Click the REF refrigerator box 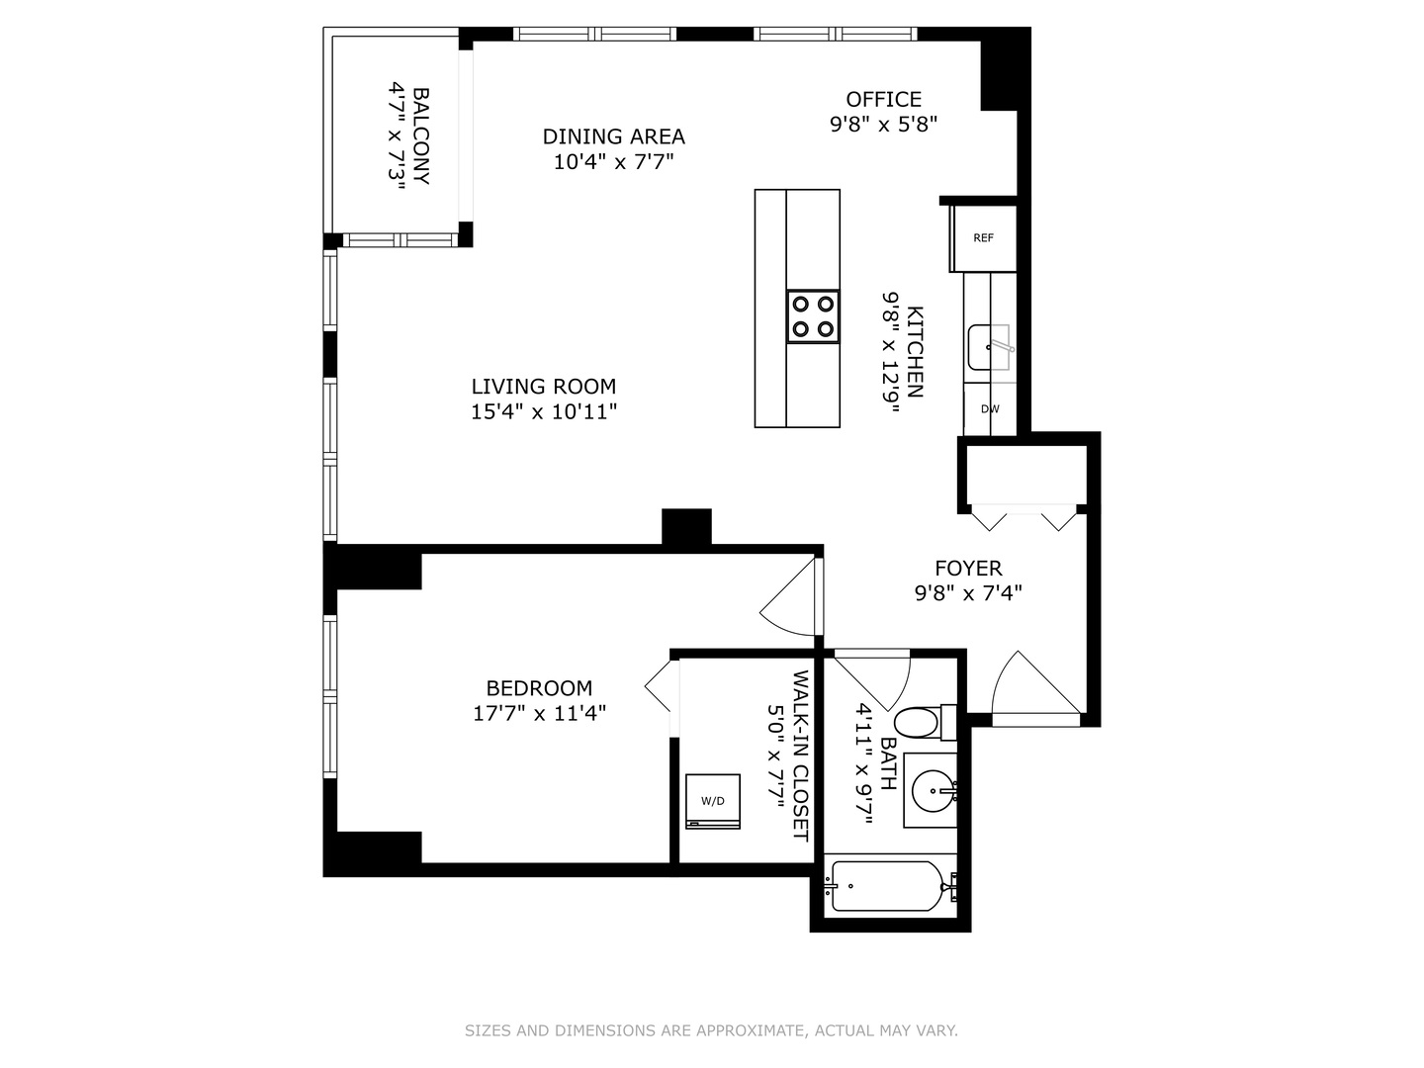[983, 238]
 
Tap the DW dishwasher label [989, 409]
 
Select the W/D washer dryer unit [713, 801]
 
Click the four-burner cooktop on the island [813, 316]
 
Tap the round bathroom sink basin [933, 790]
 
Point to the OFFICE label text [883, 99]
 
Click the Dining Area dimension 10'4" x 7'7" [613, 162]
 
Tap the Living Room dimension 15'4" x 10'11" [544, 412]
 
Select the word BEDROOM [539, 688]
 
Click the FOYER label [968, 568]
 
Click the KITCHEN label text [916, 351]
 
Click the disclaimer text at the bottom [711, 1030]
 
